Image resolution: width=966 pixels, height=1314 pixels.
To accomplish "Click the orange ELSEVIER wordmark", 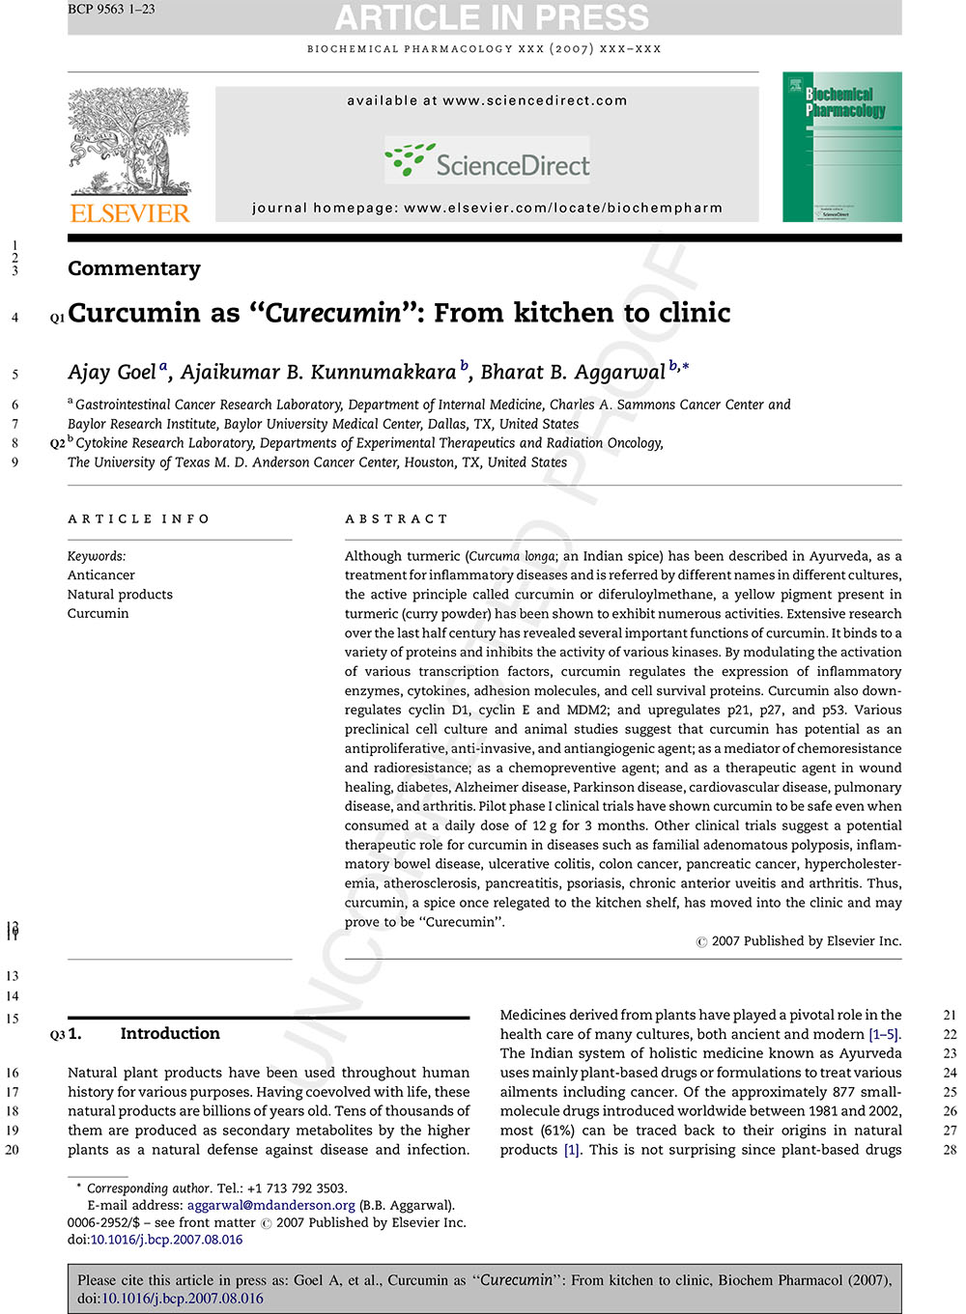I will click(129, 213).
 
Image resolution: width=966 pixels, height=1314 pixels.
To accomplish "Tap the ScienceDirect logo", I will click(488, 162).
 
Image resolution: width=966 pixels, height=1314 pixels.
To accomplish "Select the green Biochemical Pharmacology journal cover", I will click(842, 147).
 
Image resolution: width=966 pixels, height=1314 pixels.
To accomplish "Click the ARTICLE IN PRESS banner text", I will click(493, 18).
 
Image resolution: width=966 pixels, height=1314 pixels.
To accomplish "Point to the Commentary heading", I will click(134, 268).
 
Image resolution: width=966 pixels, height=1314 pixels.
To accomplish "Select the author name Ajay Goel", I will click(112, 373).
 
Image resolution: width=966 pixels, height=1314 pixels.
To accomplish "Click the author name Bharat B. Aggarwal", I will click(573, 373).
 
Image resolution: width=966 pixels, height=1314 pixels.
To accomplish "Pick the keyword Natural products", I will click(120, 595).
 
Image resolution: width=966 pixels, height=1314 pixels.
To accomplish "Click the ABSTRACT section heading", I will click(397, 519).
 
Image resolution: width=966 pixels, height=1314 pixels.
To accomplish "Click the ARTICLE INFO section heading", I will click(138, 519).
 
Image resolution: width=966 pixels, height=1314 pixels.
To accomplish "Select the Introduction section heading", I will click(169, 1034).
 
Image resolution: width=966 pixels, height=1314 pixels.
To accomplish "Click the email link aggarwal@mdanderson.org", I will click(271, 1205).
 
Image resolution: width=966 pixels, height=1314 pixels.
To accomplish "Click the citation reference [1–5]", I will click(884, 1034).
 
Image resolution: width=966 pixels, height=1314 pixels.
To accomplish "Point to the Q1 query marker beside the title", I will click(57, 317).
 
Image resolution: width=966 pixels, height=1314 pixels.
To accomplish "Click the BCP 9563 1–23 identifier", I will click(111, 10).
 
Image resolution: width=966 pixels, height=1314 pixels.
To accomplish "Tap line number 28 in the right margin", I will click(950, 1150).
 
